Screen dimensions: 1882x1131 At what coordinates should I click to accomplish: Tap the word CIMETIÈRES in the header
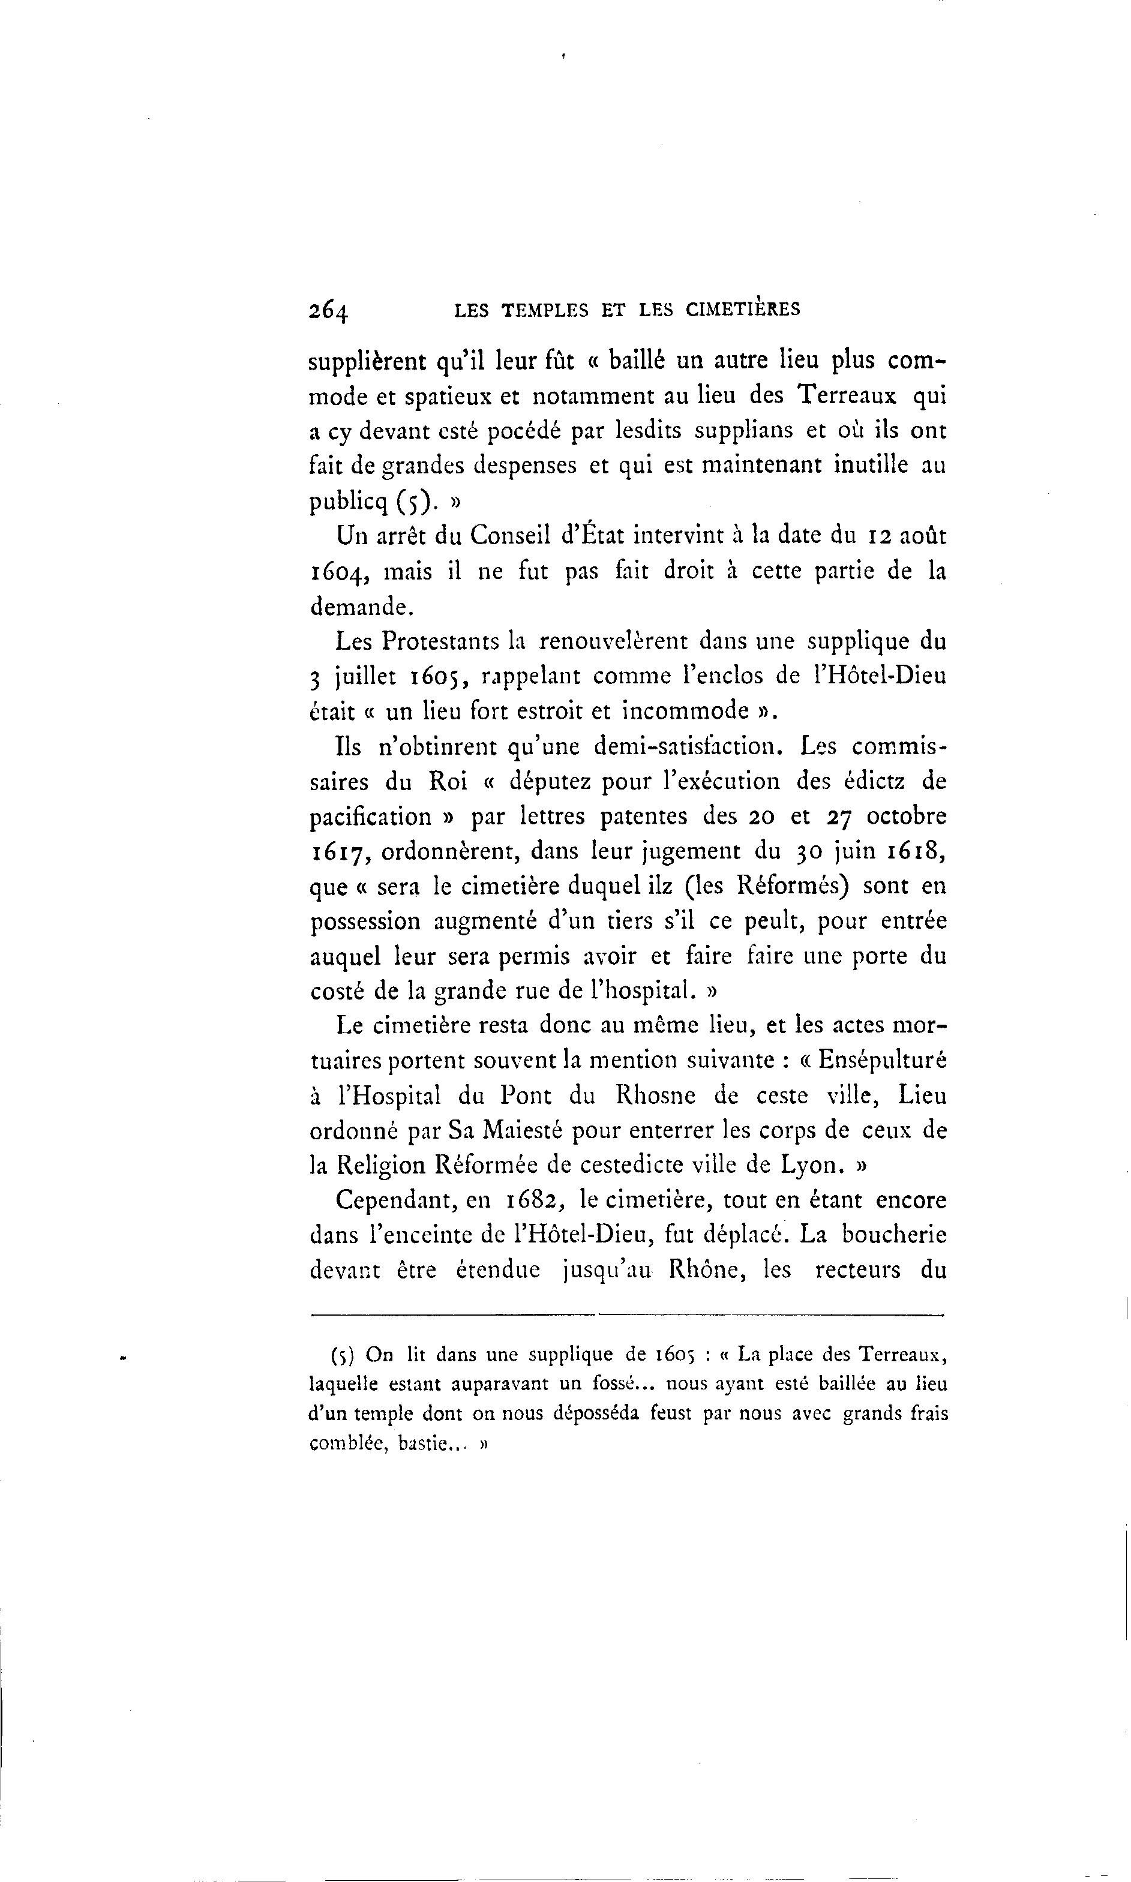point(743,308)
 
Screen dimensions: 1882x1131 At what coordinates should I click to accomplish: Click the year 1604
point(341,572)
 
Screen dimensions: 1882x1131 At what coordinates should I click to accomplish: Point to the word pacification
point(371,817)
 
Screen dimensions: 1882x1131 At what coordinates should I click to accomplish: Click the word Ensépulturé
point(882,1061)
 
